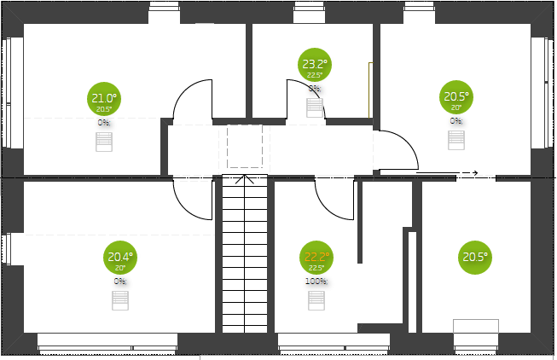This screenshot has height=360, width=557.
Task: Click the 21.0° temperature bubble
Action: (x=104, y=99)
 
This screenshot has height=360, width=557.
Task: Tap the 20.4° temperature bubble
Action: (x=120, y=258)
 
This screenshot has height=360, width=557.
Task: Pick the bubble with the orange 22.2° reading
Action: (x=316, y=258)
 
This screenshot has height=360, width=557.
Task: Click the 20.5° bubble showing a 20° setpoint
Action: (x=456, y=98)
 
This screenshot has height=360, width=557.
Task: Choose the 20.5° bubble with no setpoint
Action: (x=475, y=257)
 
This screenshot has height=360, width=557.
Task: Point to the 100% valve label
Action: (x=316, y=281)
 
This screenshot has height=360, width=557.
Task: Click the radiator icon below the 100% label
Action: (x=316, y=299)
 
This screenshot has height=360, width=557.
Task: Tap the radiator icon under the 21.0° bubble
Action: (x=104, y=142)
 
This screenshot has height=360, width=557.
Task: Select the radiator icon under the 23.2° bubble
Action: (x=315, y=108)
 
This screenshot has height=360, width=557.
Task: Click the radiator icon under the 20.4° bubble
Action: (x=119, y=300)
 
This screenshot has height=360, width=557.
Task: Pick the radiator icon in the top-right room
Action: (x=457, y=140)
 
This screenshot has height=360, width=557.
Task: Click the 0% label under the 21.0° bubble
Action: (x=104, y=122)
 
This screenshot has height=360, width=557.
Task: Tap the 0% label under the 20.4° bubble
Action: (x=119, y=281)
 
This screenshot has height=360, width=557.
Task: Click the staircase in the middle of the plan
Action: (x=245, y=256)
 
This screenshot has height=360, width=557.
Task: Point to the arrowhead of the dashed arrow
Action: (x=474, y=173)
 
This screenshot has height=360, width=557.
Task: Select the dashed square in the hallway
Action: (x=244, y=147)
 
